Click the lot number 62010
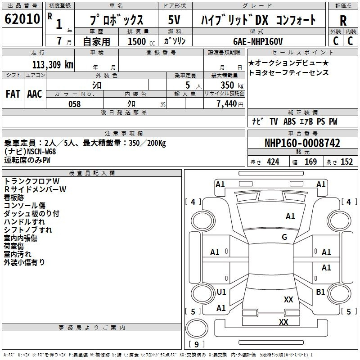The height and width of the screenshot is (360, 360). [x=22, y=19]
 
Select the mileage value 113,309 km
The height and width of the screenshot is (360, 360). [x=53, y=65]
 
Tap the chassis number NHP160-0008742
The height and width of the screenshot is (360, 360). [x=302, y=143]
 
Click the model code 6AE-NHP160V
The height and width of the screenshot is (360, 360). [x=258, y=41]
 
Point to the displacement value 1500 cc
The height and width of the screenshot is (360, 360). [x=141, y=41]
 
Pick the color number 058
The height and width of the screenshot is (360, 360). [x=75, y=104]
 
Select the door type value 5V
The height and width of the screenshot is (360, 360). [x=174, y=20]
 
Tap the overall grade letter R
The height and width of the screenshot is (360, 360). [x=343, y=21]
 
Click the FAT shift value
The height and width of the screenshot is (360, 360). [x=13, y=94]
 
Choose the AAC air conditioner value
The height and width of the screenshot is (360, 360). [x=35, y=94]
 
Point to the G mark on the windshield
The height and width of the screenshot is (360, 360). [x=284, y=237]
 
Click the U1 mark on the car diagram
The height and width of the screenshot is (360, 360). [x=221, y=292]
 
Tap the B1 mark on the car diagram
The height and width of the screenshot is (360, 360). [x=320, y=292]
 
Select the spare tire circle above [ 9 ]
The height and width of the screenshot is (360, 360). [x=197, y=328]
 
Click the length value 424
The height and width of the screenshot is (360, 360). [x=273, y=162]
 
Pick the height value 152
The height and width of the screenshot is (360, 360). [x=346, y=162]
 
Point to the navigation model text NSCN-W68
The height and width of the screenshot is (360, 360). [x=41, y=152]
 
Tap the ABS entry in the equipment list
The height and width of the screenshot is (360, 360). [x=289, y=121]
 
